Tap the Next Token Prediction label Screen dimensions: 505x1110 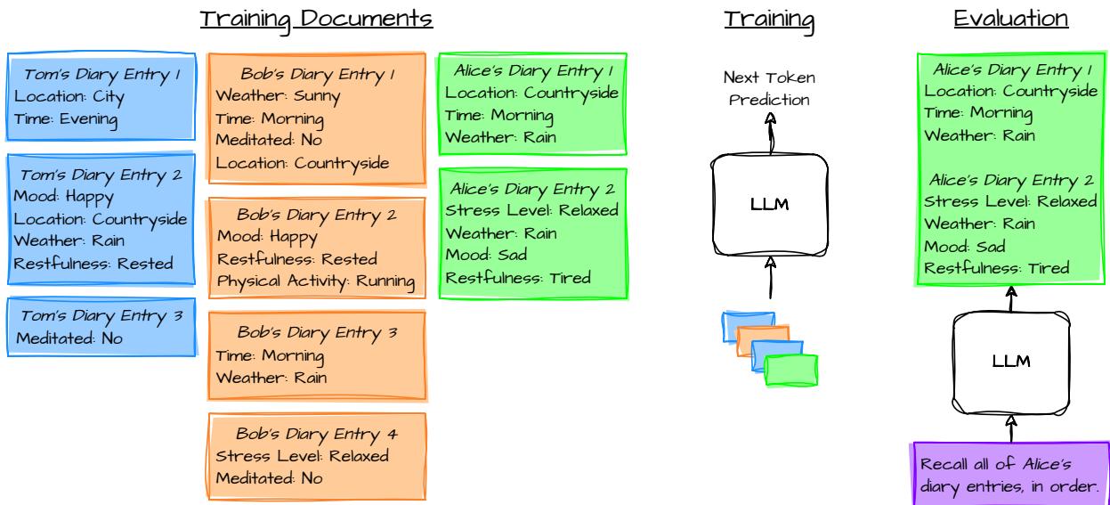tap(770, 89)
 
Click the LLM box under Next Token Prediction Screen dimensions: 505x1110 tap(770, 205)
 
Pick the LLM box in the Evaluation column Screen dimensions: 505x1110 tap(1010, 361)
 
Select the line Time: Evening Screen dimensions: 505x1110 tap(67, 118)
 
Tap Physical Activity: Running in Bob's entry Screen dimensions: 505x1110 tap(316, 281)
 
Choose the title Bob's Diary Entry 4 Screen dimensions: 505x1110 tap(317, 434)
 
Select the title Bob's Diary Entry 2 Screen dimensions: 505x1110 tap(316, 215)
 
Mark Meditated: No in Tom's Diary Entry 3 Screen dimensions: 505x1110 tap(69, 338)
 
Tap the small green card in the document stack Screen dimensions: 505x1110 tap(790, 369)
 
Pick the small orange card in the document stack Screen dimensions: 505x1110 tap(763, 340)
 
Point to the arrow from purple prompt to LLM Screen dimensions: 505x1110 tap(1010, 428)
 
